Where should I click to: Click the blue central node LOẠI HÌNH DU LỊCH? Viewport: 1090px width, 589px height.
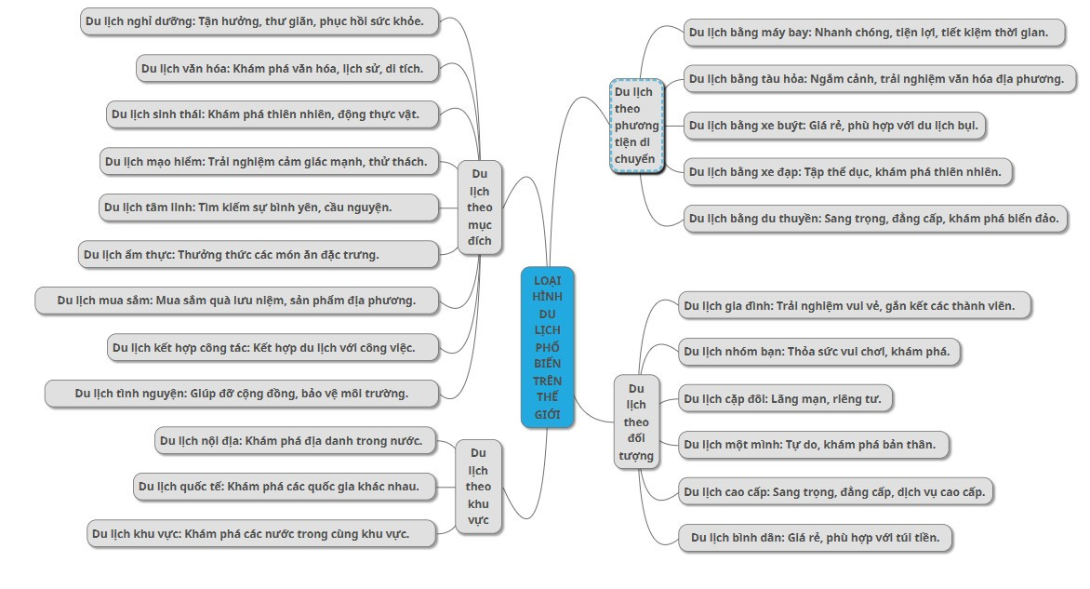pos(547,347)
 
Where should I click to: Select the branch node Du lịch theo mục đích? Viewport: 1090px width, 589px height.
pos(479,207)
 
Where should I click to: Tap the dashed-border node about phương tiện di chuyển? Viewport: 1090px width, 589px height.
pos(636,126)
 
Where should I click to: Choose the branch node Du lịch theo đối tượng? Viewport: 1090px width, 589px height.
pos(636,422)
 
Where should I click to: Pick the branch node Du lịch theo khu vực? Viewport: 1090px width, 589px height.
pos(478,486)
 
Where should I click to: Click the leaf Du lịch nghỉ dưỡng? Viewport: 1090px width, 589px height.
pos(260,21)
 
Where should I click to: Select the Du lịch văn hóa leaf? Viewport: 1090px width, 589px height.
pos(287,68)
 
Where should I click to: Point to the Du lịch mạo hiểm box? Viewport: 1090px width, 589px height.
pos(269,161)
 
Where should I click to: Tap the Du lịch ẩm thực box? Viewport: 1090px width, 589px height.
pos(259,255)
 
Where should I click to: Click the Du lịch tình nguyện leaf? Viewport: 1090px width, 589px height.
pos(242,394)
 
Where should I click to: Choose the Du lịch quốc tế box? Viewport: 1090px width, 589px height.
pos(285,487)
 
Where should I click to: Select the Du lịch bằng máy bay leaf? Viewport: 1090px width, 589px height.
pos(874,33)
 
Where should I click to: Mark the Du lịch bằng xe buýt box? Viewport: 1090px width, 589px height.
pos(835,126)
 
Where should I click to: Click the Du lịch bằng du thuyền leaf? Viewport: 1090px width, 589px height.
pos(876,219)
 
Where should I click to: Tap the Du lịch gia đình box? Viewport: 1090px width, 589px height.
pos(855,306)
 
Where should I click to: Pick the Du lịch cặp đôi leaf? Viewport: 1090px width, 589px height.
pos(785,399)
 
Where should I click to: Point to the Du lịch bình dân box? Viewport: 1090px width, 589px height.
pos(815,538)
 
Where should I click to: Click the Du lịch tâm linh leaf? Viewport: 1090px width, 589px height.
pos(269,207)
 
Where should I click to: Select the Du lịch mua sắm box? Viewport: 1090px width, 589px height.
pos(237,301)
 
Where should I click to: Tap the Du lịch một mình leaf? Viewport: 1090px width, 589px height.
pos(814,445)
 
